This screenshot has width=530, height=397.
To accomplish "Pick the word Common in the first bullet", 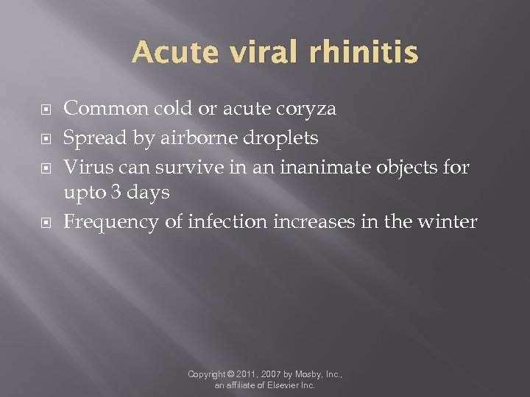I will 105,110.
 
